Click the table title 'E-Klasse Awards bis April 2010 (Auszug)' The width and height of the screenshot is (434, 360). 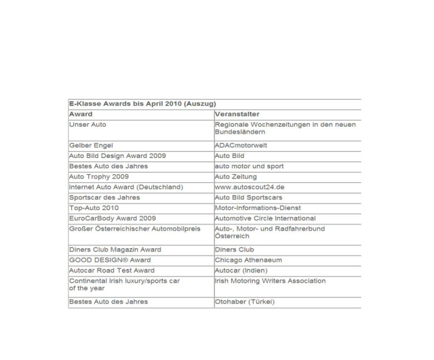pyautogui.click(x=142, y=104)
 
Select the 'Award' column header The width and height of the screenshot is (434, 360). pyautogui.click(x=81, y=114)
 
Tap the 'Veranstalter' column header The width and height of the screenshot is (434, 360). pyautogui.click(x=239, y=114)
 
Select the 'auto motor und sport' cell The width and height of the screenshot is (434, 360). pyautogui.click(x=249, y=165)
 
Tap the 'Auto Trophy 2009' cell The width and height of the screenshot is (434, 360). pyautogui.click(x=99, y=176)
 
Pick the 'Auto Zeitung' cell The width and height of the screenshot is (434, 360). pyautogui.click(x=237, y=176)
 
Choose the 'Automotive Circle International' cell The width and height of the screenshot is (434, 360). pyautogui.click(x=264, y=218)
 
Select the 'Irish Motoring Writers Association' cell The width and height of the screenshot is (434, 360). pyautogui.click(x=270, y=280)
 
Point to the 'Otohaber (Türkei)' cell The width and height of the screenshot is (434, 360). pyautogui.click(x=245, y=301)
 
